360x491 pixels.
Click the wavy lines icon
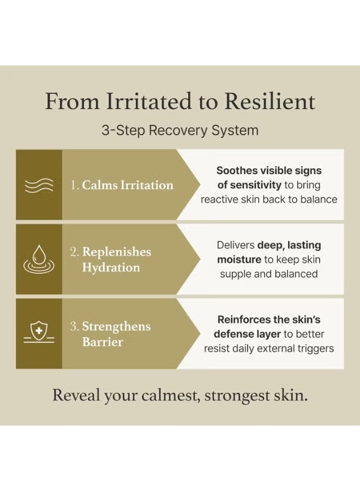[x=39, y=185]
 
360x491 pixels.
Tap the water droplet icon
[x=39, y=259]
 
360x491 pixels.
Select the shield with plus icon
[x=39, y=333]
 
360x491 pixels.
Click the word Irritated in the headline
[x=148, y=101]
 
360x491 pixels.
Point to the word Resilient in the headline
[x=269, y=101]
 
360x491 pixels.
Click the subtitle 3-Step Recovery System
[x=180, y=130]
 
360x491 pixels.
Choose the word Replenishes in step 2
[x=117, y=252]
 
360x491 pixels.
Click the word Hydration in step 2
[x=111, y=267]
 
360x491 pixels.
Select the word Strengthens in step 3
[x=116, y=326]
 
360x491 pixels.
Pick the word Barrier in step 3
[x=103, y=342]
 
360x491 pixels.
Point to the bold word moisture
[x=239, y=260]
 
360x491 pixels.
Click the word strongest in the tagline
[x=238, y=396]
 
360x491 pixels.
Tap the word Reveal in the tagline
[x=76, y=395]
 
